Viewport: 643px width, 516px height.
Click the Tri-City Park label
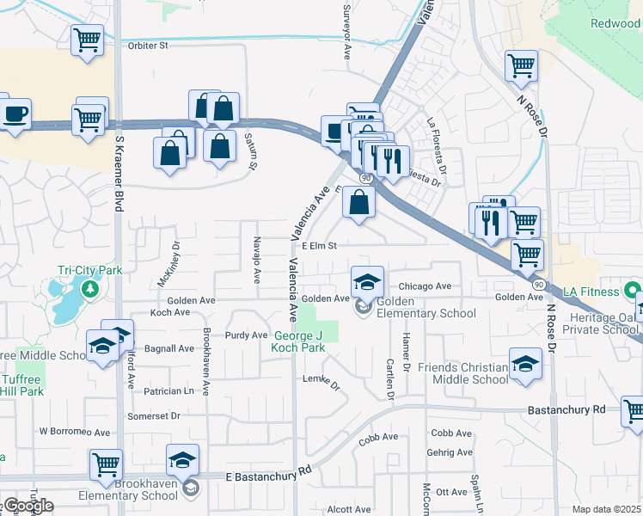[x=89, y=269]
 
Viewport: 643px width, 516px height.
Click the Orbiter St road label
[x=143, y=46]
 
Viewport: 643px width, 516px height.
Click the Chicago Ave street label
[x=425, y=286]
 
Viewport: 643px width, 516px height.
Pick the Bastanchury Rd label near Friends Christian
[x=567, y=409]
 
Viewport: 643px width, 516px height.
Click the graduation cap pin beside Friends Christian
[x=525, y=363]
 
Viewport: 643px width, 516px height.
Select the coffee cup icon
[x=15, y=114]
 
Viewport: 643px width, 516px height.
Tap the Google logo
[x=28, y=506]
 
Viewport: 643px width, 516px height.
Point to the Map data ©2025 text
[x=606, y=509]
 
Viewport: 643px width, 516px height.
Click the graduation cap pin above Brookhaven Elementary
[x=182, y=460]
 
